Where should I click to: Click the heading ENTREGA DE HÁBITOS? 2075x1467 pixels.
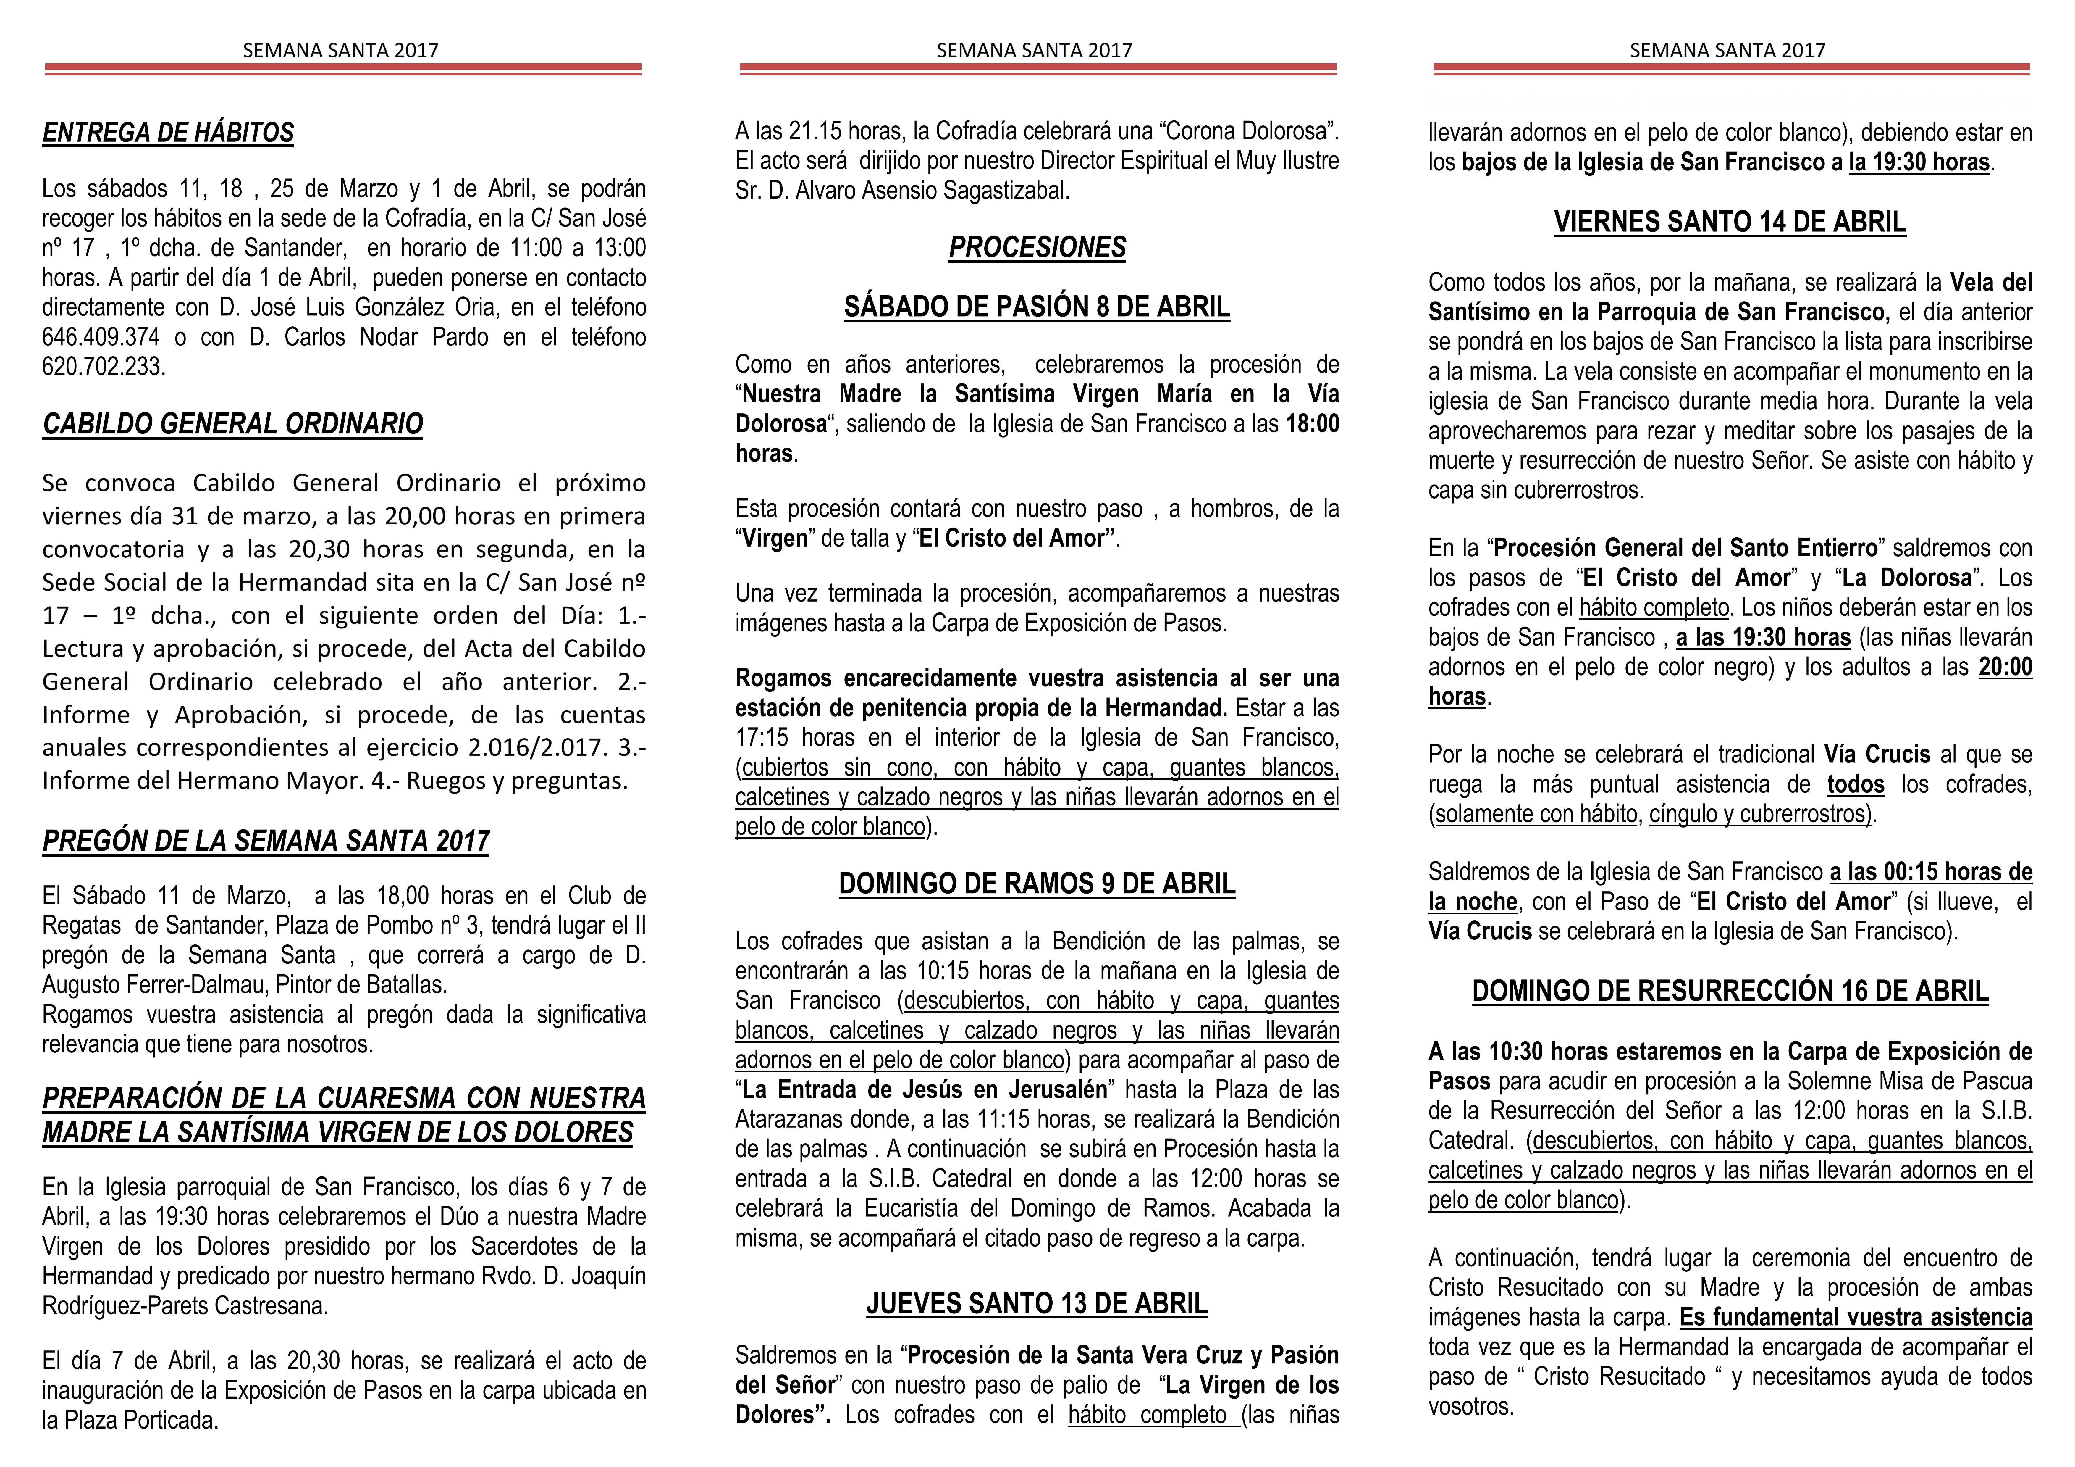168,133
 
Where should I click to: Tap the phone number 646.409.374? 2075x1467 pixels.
100,337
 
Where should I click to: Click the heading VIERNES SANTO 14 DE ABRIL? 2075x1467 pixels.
1730,222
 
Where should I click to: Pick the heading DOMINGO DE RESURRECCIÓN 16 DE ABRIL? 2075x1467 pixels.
1730,992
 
